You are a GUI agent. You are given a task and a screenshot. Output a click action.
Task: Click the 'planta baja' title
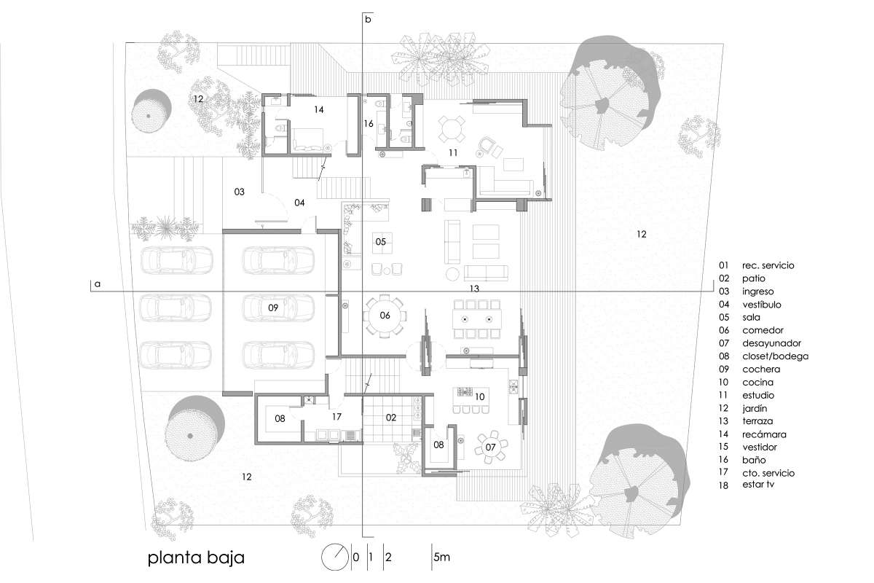coord(196,558)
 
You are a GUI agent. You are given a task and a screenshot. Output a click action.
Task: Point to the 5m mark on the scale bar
coord(441,557)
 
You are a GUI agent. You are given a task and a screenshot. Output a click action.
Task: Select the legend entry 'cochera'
coord(761,369)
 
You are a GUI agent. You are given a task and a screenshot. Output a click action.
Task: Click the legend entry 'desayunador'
coord(771,343)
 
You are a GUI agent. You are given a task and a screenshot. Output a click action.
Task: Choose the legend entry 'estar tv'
coord(758,485)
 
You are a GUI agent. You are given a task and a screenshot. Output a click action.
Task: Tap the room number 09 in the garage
coord(273,308)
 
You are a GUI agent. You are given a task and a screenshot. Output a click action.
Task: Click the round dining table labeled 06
coord(385,316)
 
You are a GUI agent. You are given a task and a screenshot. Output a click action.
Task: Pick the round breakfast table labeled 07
coord(490,447)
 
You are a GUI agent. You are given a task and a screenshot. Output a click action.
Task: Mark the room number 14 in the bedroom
coord(319,110)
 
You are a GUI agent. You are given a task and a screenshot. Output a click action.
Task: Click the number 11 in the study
coord(452,153)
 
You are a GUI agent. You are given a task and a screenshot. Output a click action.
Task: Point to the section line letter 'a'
coord(98,284)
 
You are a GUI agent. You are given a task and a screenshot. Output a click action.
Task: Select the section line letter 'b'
coord(368,19)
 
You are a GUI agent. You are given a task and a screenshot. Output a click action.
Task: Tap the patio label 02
coord(391,418)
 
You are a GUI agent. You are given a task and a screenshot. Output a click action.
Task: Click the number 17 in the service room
coord(336,417)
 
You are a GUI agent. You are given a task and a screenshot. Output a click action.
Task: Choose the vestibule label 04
coord(299,203)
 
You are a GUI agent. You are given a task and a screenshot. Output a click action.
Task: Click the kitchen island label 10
coord(479,396)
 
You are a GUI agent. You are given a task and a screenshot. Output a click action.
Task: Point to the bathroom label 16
coord(369,124)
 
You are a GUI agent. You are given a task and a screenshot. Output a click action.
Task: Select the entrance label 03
coord(239,192)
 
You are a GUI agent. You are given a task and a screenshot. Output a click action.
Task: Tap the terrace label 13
coord(474,289)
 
